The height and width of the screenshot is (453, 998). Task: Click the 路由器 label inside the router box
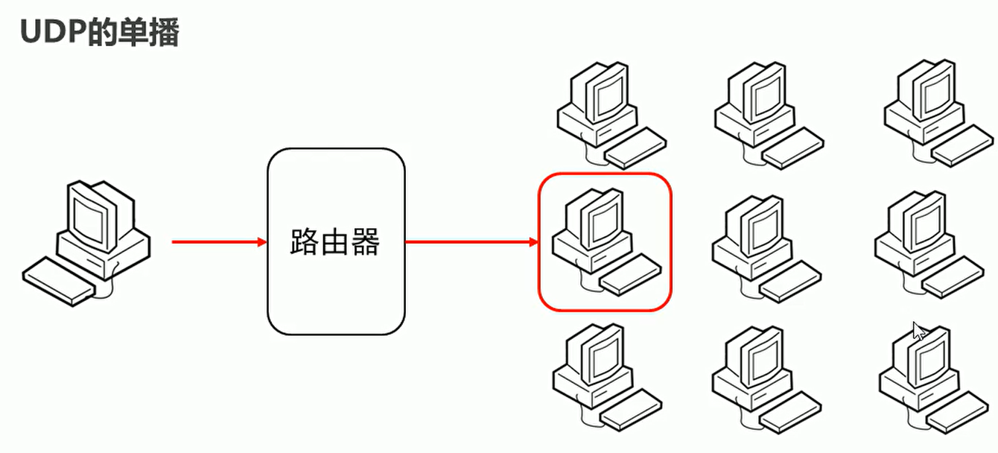pyautogui.click(x=335, y=242)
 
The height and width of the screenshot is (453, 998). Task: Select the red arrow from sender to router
pyautogui.click(x=219, y=241)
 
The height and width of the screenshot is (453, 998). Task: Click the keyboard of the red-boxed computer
pyautogui.click(x=630, y=278)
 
